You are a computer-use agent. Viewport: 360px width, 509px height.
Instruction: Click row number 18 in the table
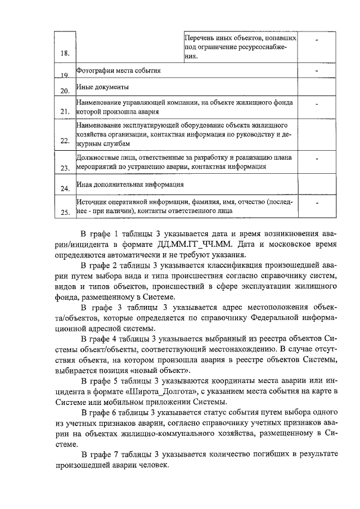coord(65,53)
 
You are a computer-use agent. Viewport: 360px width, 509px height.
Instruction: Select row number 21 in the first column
coord(65,112)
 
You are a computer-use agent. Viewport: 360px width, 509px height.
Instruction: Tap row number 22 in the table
coord(65,141)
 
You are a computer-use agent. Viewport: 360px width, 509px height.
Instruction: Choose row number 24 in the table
coord(65,188)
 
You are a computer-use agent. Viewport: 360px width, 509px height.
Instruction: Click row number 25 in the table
coord(65,212)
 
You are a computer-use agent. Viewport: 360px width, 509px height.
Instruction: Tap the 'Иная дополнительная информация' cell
coord(129,184)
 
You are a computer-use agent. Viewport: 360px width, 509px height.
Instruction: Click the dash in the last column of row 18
coord(317,40)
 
